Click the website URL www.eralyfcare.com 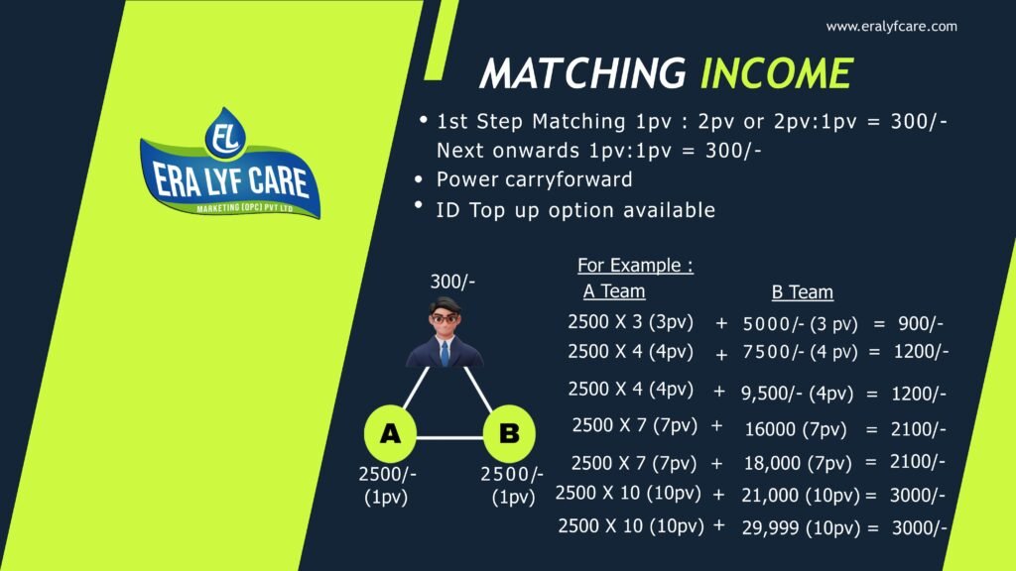tap(891, 27)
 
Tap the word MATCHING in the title tap(582, 73)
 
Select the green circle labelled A tap(390, 433)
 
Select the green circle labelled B tap(508, 433)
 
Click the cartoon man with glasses tap(444, 333)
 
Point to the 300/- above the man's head tap(452, 282)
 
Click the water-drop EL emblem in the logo tap(225, 137)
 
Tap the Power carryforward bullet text tap(534, 180)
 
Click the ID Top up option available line tap(575, 210)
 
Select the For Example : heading tap(635, 266)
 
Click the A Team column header tap(614, 291)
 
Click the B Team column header tap(802, 292)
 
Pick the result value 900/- tap(920, 323)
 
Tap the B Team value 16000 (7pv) tap(795, 428)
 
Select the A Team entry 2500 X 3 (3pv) tap(630, 322)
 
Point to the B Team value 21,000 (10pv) tap(800, 495)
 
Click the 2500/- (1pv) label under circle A tap(387, 486)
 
